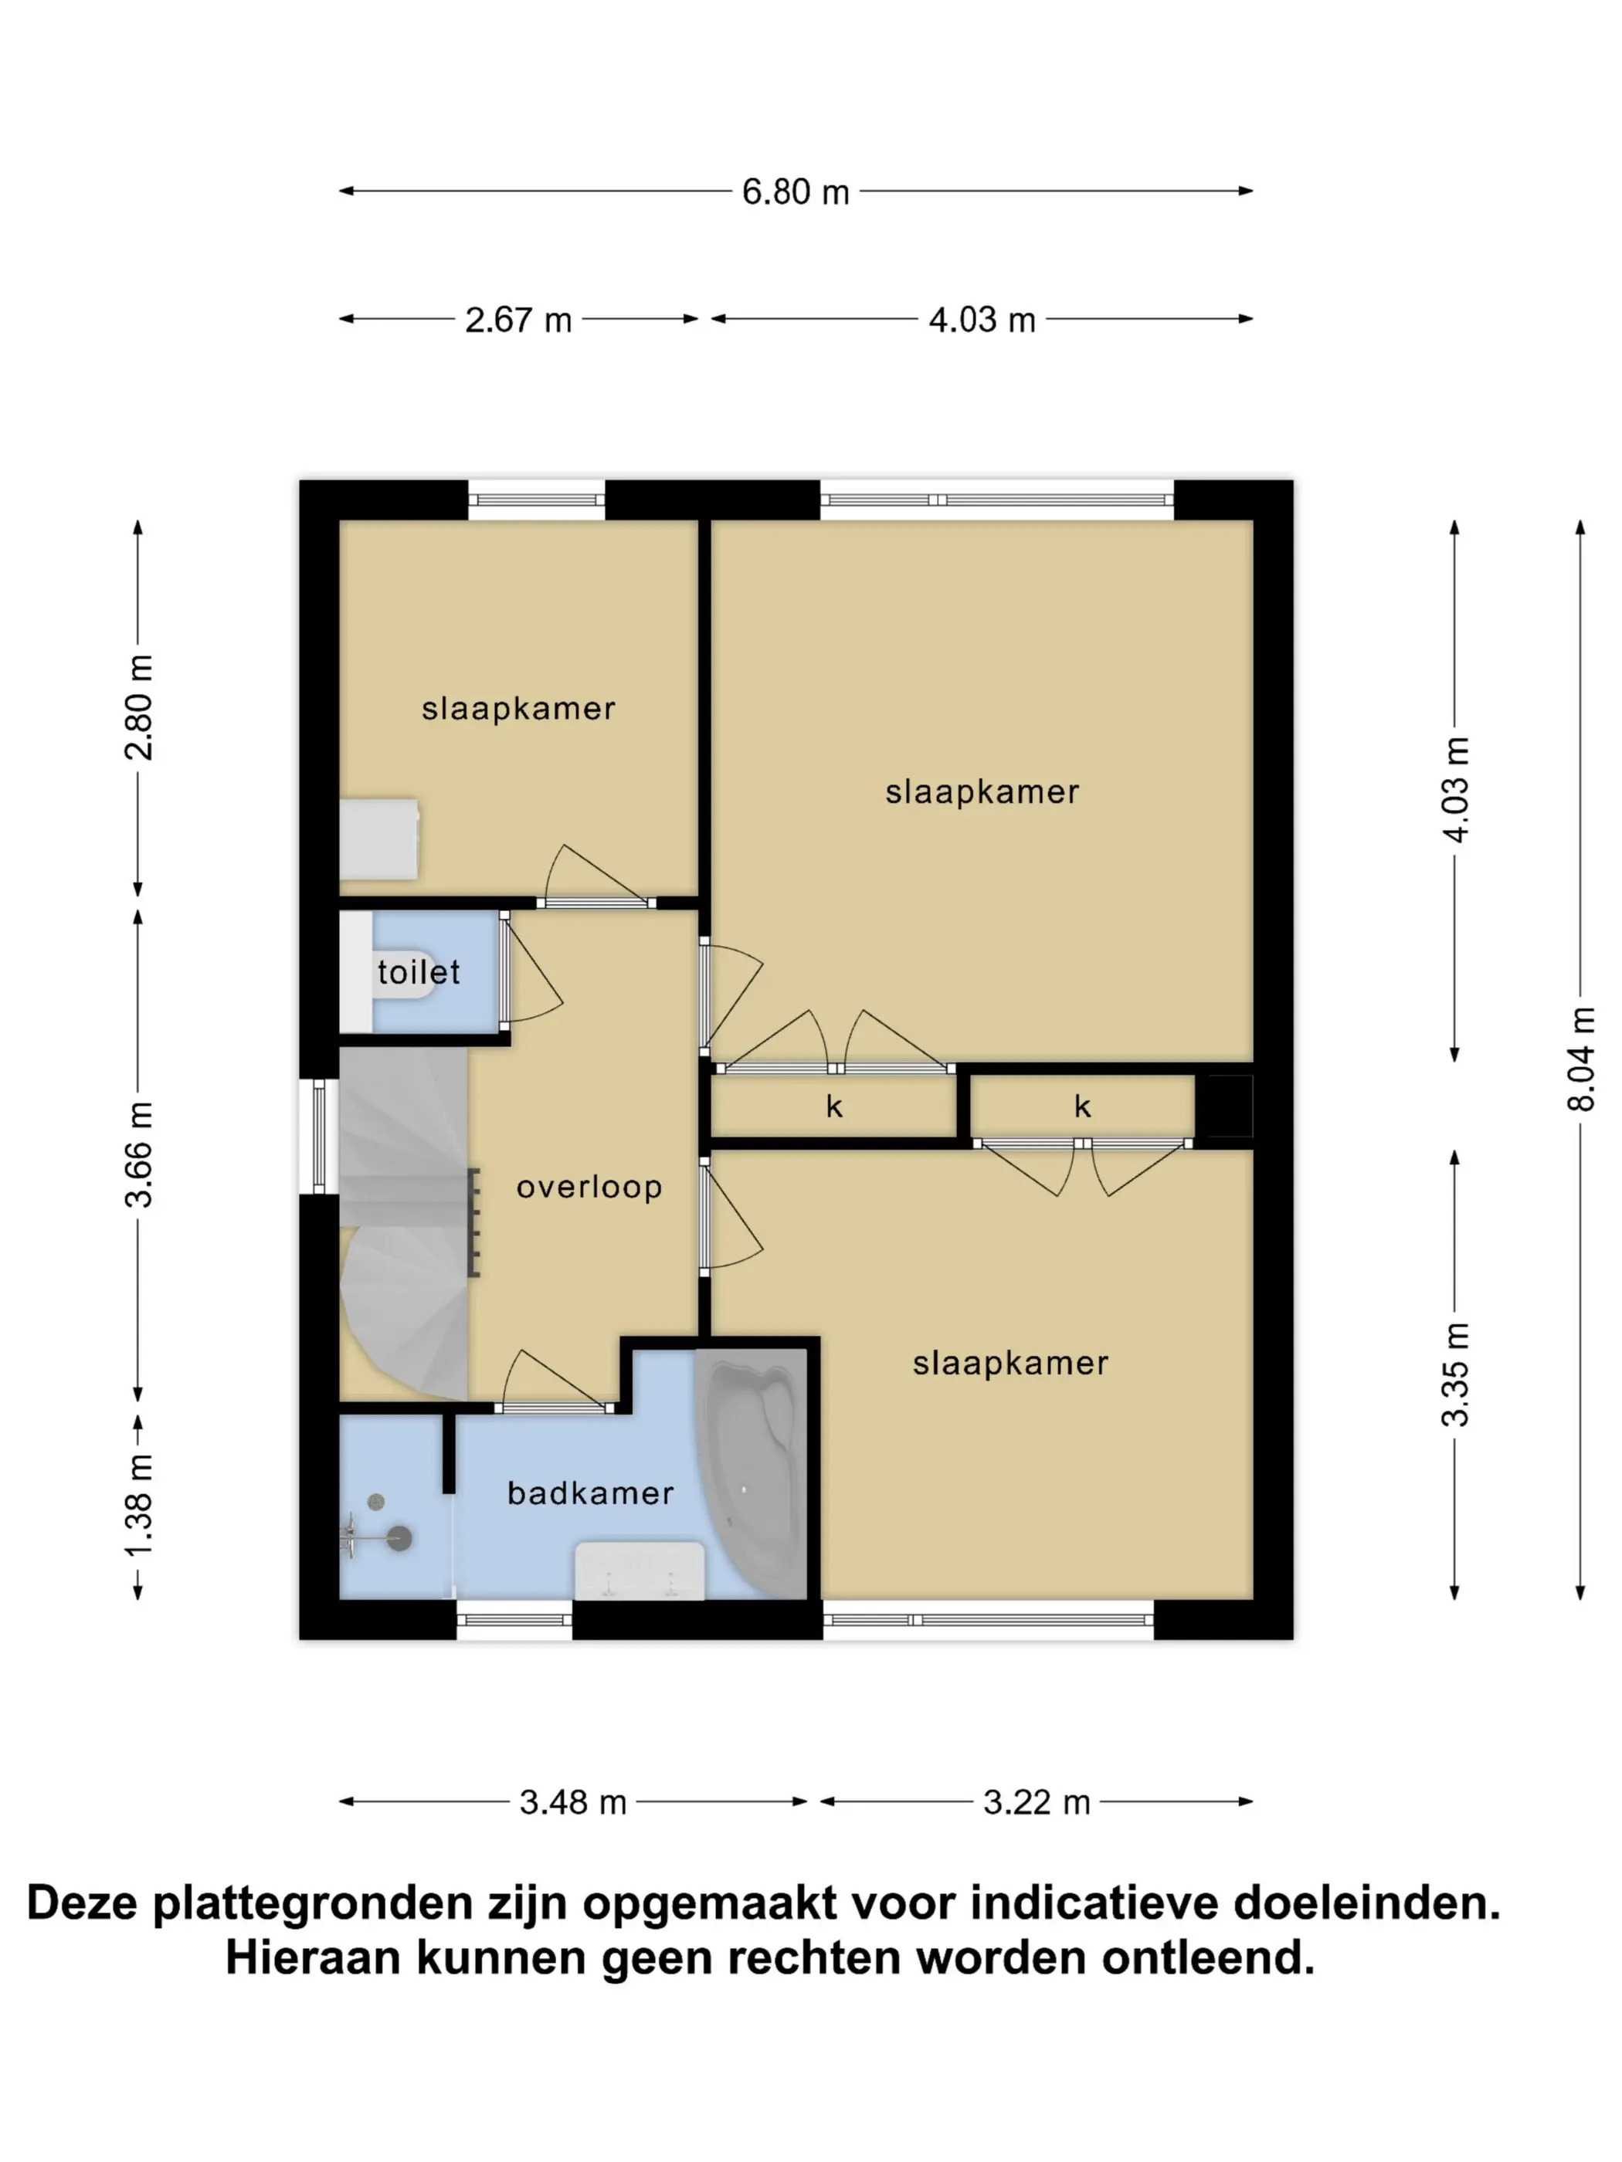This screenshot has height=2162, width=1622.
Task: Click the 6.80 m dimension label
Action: (795, 191)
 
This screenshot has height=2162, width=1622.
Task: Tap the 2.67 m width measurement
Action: (518, 320)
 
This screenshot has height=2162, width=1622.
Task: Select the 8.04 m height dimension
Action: (1580, 1059)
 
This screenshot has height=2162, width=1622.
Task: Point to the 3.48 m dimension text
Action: (573, 1801)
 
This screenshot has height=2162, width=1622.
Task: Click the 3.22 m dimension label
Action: (1037, 1801)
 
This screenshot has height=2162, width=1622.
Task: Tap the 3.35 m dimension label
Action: (1455, 1374)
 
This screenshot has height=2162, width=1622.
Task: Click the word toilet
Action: (419, 971)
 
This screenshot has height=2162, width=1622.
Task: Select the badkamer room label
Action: (591, 1493)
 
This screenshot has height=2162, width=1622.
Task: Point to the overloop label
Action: (589, 1187)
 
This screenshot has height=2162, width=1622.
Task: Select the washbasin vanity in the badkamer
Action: (640, 1571)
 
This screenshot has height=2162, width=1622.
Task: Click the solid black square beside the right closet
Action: (1224, 1106)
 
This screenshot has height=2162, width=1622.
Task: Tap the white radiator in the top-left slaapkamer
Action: (379, 839)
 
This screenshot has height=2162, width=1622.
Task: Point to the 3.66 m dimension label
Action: (137, 1154)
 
